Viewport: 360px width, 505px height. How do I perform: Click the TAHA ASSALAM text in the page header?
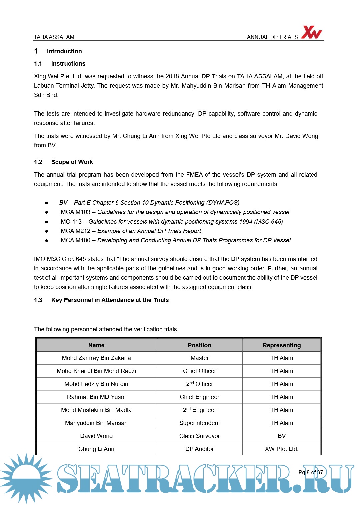pos(54,37)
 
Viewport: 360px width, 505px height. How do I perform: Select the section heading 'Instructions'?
pos(68,64)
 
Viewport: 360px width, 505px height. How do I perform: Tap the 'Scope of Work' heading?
pos(72,162)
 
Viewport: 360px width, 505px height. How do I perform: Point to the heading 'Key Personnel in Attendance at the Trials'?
pos(110,300)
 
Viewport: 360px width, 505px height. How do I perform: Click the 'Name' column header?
pos(96,345)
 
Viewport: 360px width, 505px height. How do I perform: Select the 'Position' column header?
pos(199,345)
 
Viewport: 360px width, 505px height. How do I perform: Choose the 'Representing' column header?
pos(281,345)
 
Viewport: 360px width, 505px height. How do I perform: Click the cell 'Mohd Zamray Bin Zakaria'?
pos(96,358)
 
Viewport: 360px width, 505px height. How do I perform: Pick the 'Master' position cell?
pos(199,358)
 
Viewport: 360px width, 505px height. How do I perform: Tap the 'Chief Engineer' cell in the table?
pos(199,397)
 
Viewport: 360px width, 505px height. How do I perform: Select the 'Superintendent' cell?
pos(199,423)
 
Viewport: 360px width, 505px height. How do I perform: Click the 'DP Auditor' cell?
pos(199,449)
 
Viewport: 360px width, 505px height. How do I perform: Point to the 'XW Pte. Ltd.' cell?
pos(281,449)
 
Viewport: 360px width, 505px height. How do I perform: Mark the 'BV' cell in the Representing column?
pos(281,436)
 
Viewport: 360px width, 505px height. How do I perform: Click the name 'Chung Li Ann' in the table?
pos(96,449)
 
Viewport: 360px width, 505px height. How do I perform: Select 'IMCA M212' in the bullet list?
pos(75,231)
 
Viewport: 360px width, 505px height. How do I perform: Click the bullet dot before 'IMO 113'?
pos(47,222)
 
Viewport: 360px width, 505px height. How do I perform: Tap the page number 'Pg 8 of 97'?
pos(311,472)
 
